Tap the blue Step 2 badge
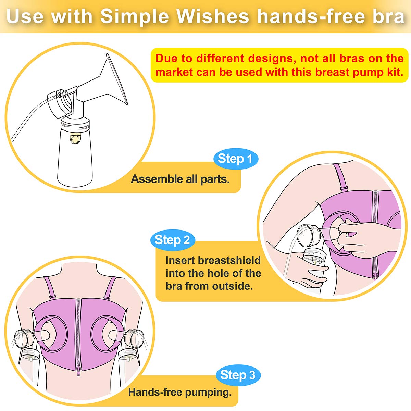172,240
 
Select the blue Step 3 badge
238,375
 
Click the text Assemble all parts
180,179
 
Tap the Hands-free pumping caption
180,392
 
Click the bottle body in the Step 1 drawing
75,158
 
